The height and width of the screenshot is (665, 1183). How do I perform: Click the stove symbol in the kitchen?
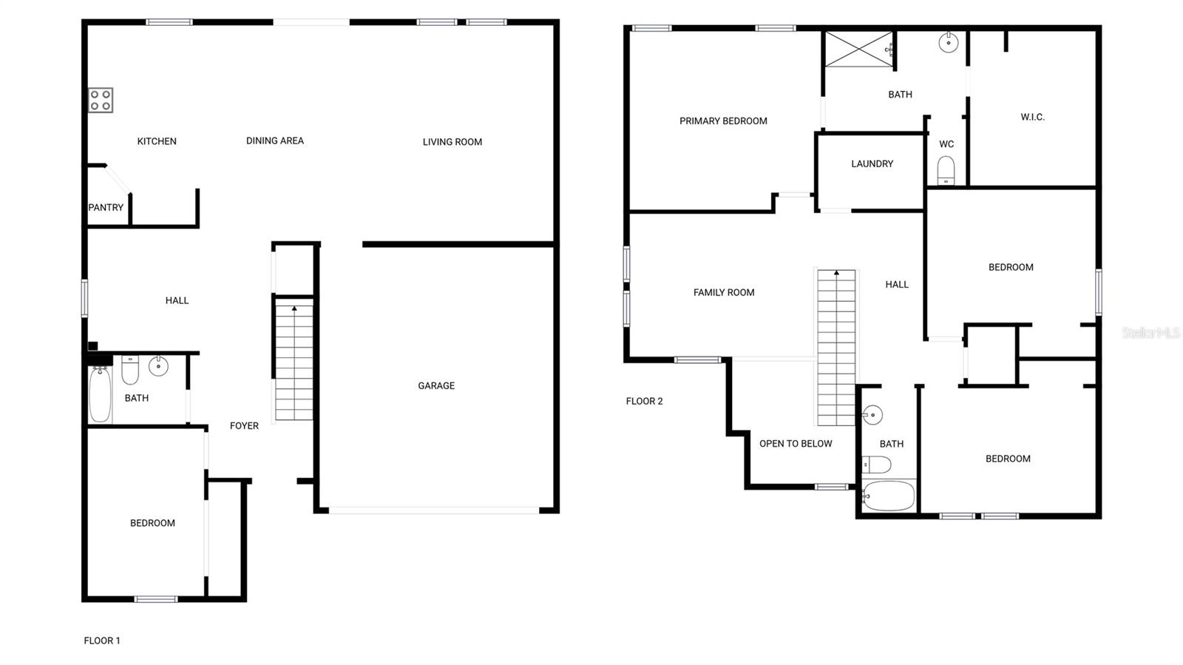(101, 100)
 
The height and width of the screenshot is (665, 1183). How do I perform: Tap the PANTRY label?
(106, 207)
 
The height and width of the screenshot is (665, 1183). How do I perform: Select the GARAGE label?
(436, 385)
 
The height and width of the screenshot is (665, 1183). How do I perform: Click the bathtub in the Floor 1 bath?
(100, 394)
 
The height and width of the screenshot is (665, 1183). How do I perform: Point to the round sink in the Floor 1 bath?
(158, 365)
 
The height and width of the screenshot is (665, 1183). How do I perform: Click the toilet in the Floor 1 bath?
(130, 370)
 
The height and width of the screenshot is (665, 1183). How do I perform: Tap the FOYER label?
(244, 425)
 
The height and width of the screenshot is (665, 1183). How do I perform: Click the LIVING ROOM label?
(452, 141)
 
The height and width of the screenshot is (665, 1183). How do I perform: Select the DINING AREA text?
(274, 141)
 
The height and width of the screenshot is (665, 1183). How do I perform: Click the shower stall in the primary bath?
(858, 50)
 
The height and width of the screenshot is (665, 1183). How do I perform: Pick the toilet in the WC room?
(946, 171)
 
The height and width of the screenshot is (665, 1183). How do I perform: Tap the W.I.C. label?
(1032, 117)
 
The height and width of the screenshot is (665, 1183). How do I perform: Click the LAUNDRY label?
(872, 163)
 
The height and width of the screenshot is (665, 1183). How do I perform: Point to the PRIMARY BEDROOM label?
(723, 121)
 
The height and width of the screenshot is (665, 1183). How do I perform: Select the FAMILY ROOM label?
(723, 292)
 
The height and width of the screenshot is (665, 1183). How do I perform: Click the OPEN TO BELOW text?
(796, 443)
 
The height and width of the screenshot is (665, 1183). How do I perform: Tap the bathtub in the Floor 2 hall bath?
(889, 496)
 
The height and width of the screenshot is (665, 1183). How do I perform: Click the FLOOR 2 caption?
(644, 401)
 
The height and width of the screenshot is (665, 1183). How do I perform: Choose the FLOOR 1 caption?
(102, 641)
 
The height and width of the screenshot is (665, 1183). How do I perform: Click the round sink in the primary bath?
(948, 43)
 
